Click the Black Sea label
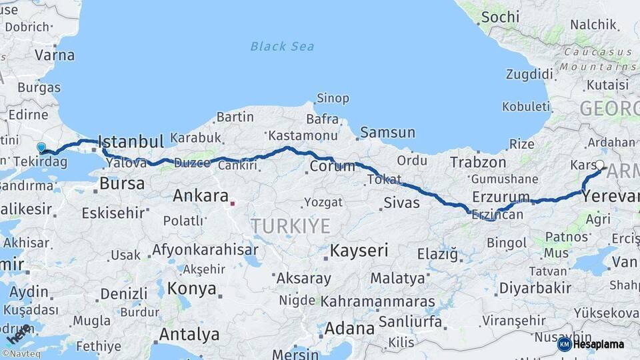click(282, 46)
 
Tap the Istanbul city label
click(131, 141)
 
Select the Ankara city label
click(201, 196)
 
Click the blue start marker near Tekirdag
click(41, 147)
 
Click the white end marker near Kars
click(600, 164)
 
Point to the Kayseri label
click(359, 251)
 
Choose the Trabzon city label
click(478, 162)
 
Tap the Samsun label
click(387, 133)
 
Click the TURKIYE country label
click(291, 226)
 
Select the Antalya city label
click(190, 334)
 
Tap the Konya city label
click(191, 289)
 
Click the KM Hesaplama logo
click(591, 344)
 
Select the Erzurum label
click(500, 197)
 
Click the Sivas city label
click(401, 203)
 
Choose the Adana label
click(349, 329)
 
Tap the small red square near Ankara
click(232, 203)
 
